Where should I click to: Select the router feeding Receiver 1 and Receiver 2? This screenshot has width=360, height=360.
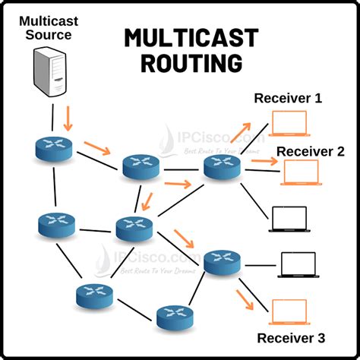221,166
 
